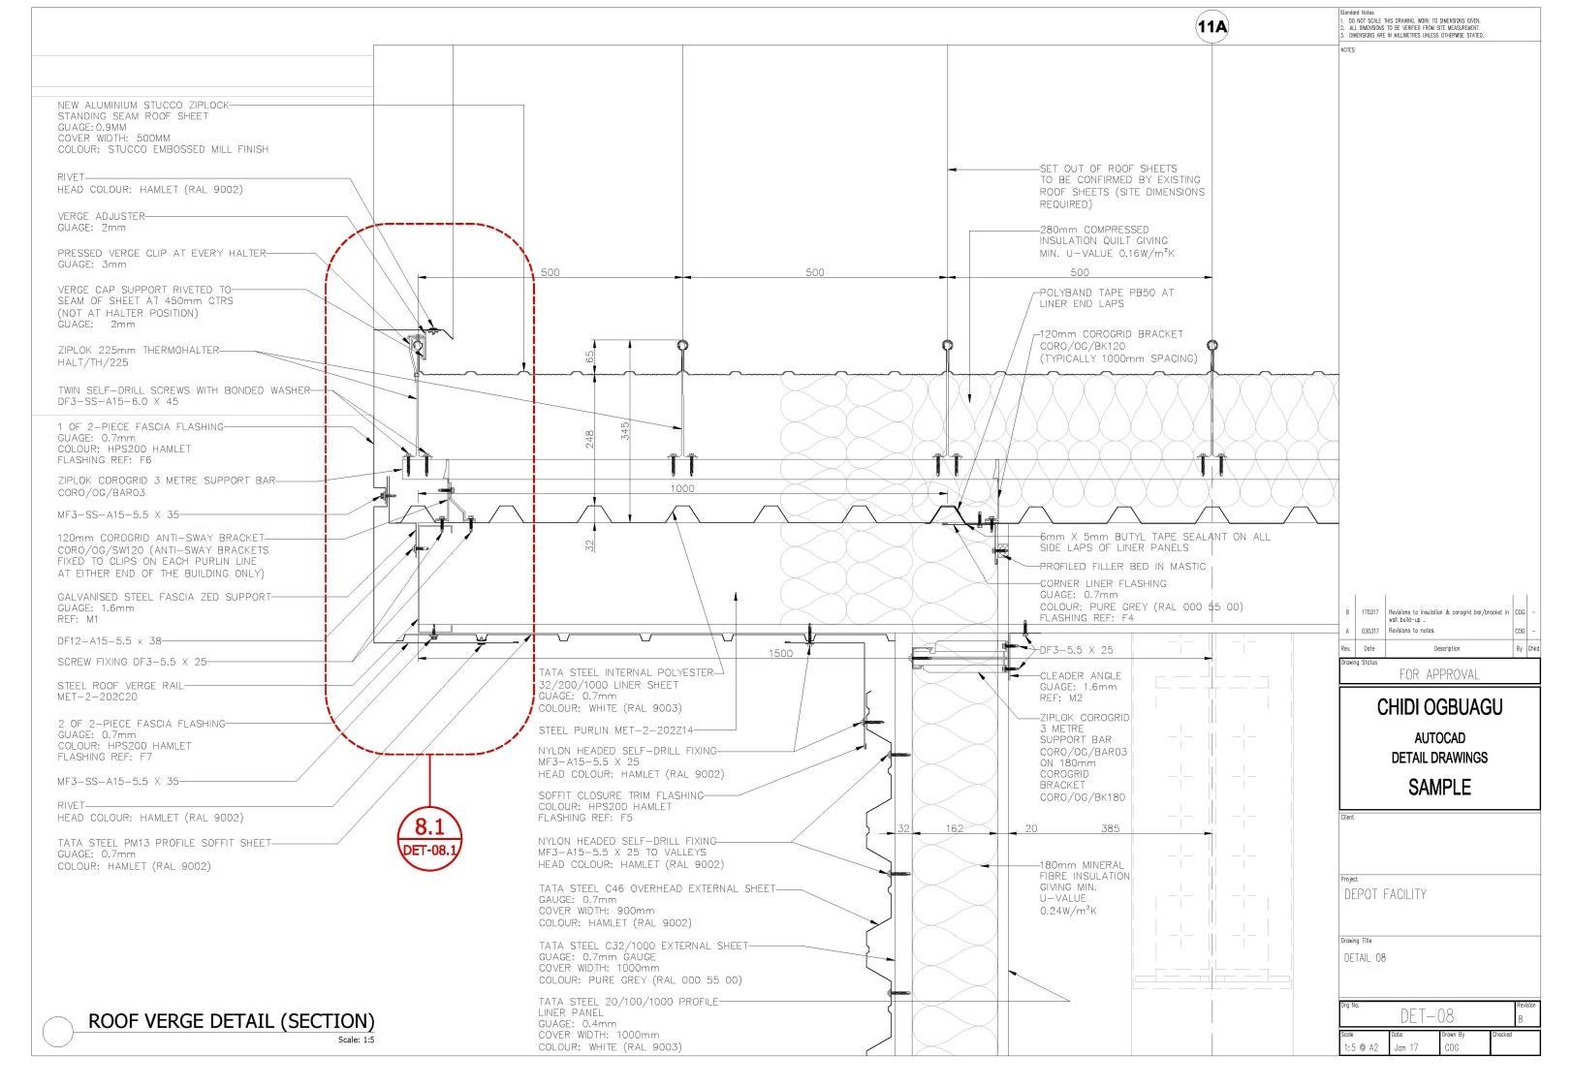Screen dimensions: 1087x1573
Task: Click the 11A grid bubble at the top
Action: click(x=1211, y=27)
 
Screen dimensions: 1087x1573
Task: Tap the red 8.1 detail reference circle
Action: click(x=429, y=835)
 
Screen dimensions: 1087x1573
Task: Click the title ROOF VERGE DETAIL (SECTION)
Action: click(x=231, y=1021)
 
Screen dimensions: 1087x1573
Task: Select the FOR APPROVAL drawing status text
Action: click(x=1439, y=673)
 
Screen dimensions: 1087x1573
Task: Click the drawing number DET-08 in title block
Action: click(x=1427, y=1015)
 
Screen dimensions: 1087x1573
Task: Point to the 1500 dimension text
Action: click(x=780, y=653)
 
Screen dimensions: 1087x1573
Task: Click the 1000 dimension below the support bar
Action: click(x=682, y=488)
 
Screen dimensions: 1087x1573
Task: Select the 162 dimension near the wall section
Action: click(x=954, y=828)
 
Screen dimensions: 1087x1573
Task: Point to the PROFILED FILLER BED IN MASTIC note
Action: click(x=1122, y=566)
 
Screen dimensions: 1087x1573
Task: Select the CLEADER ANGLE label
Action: click(x=1080, y=675)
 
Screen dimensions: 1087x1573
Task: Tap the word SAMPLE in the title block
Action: click(x=1439, y=787)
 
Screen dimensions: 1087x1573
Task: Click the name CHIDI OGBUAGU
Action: click(x=1439, y=707)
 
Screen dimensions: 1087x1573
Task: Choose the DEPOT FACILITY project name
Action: click(x=1385, y=894)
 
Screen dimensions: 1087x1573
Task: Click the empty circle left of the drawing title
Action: click(x=58, y=1032)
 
